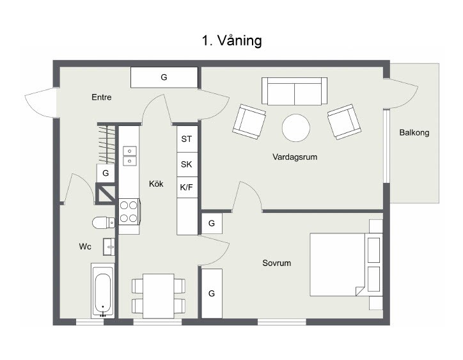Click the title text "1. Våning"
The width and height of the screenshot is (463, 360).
point(231,40)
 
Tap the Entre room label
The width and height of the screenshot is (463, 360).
point(102,97)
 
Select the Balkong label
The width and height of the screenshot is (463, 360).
point(414,132)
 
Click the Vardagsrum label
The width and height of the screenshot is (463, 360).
point(295,157)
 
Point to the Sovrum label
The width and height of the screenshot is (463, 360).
point(277,263)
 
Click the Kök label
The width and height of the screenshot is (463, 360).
point(156,184)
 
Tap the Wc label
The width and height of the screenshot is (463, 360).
point(85,246)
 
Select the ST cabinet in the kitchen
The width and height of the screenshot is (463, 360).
point(187,139)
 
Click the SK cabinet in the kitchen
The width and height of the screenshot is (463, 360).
point(187,164)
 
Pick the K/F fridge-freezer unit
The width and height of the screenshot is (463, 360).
point(187,187)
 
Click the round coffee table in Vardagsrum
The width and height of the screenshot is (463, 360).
point(296,128)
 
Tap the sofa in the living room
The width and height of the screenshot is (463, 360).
point(294,91)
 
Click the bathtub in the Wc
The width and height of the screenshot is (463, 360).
point(103,291)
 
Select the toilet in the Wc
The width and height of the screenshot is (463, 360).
point(104,223)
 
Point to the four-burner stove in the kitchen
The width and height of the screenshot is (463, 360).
point(129,212)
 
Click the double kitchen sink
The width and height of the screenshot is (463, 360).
point(130,155)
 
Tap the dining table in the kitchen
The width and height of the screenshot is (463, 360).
point(159,296)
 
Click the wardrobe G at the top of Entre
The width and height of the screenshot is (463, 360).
point(164,77)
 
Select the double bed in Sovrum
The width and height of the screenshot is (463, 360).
point(347,264)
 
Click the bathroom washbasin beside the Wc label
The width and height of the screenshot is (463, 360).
point(109,247)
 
